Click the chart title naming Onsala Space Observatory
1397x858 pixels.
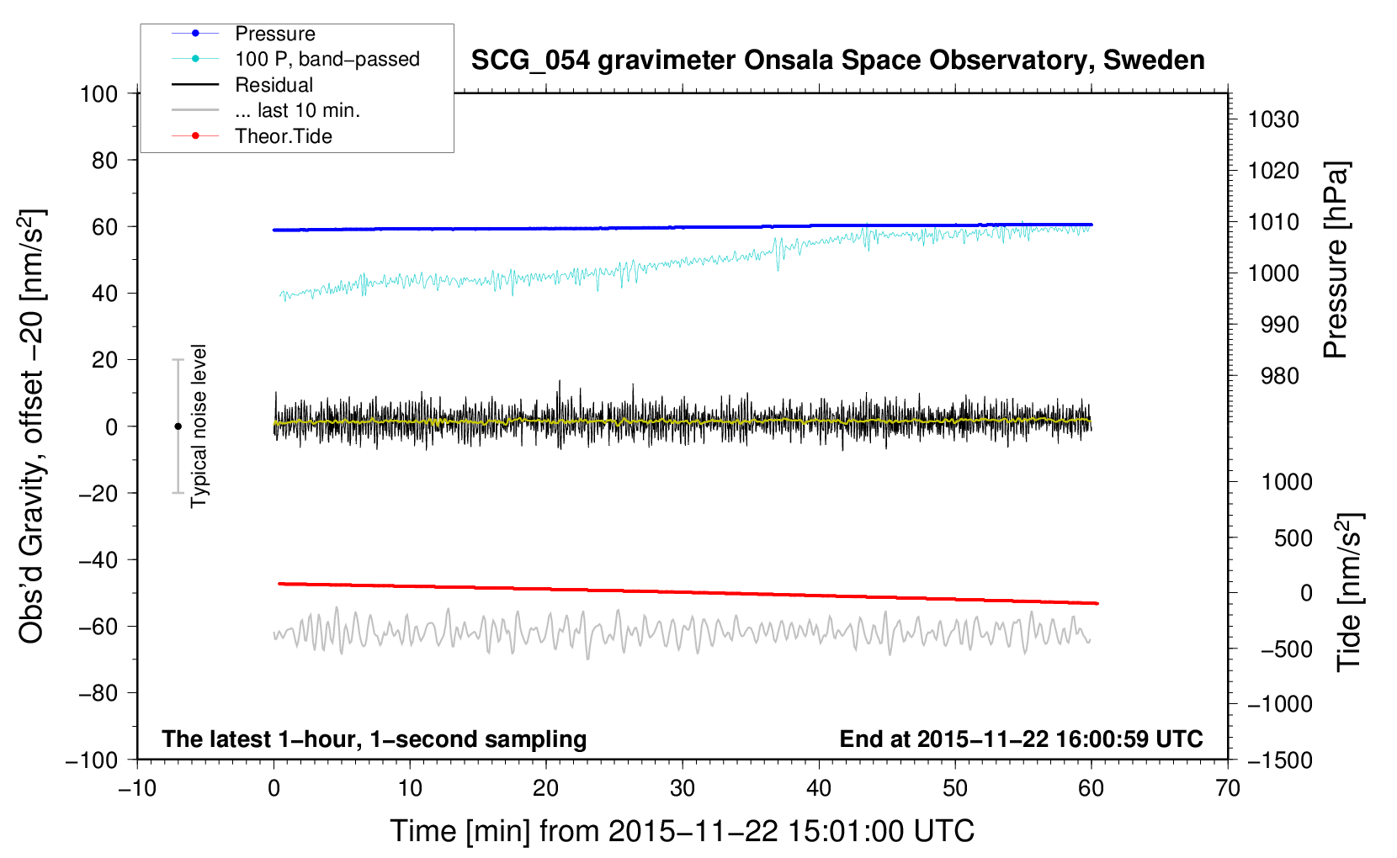[837, 61]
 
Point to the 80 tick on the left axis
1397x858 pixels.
[104, 160]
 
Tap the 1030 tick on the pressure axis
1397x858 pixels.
[1273, 119]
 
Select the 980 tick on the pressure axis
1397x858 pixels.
[1280, 376]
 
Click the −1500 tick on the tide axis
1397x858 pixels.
[1280, 760]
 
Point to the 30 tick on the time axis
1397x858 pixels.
[683, 788]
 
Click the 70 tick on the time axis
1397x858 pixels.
[1228, 788]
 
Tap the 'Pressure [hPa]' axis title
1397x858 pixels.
[1336, 260]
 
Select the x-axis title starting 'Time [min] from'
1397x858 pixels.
[683, 831]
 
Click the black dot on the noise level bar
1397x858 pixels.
[178, 426]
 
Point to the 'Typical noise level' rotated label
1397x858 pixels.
[199, 426]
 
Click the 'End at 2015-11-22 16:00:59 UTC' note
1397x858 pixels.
[1021, 739]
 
